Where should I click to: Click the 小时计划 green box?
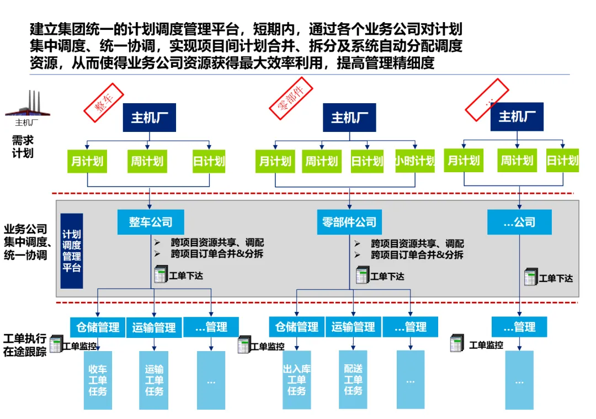(414, 161)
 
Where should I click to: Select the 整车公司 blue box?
(151, 222)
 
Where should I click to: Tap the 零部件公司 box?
(350, 222)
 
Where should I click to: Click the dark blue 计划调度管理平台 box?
(72, 251)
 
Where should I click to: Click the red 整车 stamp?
(102, 102)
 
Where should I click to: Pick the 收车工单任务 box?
(98, 380)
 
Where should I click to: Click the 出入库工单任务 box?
(297, 380)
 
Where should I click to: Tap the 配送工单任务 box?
(353, 379)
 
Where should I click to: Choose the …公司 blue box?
(519, 222)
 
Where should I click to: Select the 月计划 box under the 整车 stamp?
(87, 161)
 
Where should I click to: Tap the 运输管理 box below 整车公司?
(154, 327)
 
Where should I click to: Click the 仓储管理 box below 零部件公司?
(297, 327)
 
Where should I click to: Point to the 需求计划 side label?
(23, 147)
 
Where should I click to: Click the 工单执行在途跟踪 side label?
(25, 345)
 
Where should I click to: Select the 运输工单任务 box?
(155, 380)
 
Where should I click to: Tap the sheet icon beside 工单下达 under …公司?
(530, 277)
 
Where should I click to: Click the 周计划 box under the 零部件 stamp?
(322, 161)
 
